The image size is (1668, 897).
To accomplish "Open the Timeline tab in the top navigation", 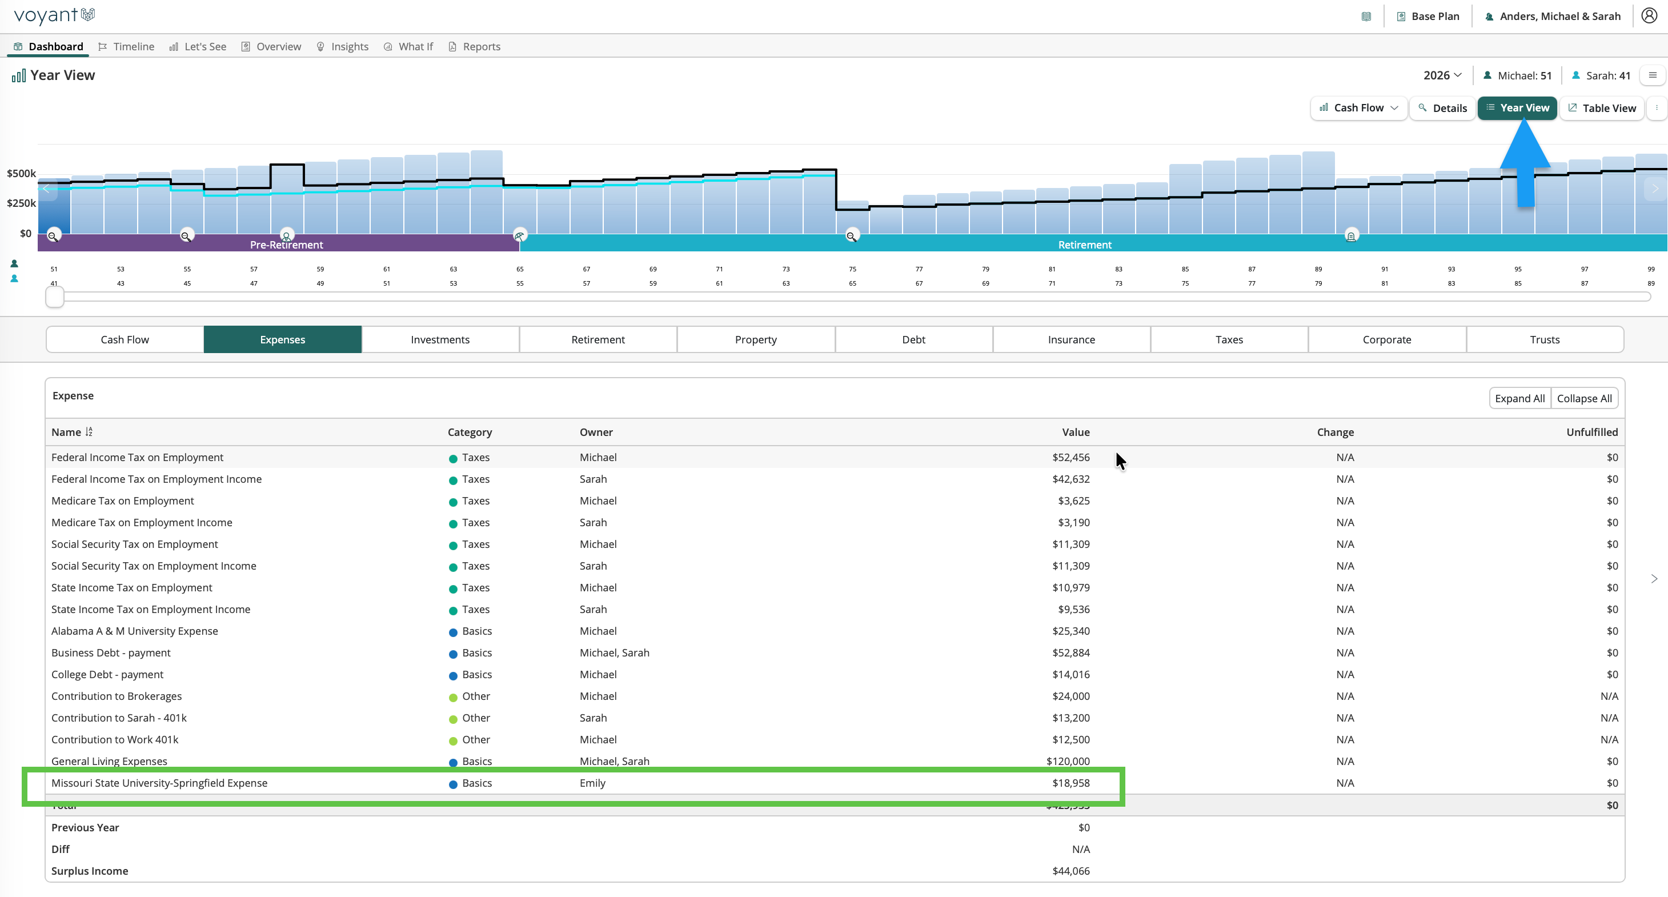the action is [x=126, y=47].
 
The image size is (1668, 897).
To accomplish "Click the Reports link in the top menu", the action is [x=475, y=47].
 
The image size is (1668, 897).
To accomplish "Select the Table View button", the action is [x=1601, y=108].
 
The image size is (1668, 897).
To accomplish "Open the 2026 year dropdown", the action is [x=1442, y=75].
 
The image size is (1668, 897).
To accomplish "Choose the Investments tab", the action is [x=440, y=339].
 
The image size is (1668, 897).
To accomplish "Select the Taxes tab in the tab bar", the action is [x=1229, y=339].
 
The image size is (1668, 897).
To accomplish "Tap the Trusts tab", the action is [x=1544, y=339].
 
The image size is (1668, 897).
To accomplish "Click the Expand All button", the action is [x=1519, y=398].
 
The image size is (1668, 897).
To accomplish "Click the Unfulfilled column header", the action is [x=1591, y=432].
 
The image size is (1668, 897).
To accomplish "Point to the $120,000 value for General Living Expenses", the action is [x=1068, y=761].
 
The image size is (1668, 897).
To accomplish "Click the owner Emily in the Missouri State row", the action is [x=592, y=783].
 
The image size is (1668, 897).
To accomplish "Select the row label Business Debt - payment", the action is [x=111, y=653].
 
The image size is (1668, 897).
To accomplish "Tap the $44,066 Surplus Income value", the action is [x=1071, y=871].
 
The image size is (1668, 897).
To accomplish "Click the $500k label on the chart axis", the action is [x=21, y=174].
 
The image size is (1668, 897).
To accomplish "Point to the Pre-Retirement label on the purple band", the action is [x=286, y=245].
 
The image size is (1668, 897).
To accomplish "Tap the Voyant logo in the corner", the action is [x=54, y=15].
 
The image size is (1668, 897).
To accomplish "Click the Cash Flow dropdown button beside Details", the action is [x=1358, y=108].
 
